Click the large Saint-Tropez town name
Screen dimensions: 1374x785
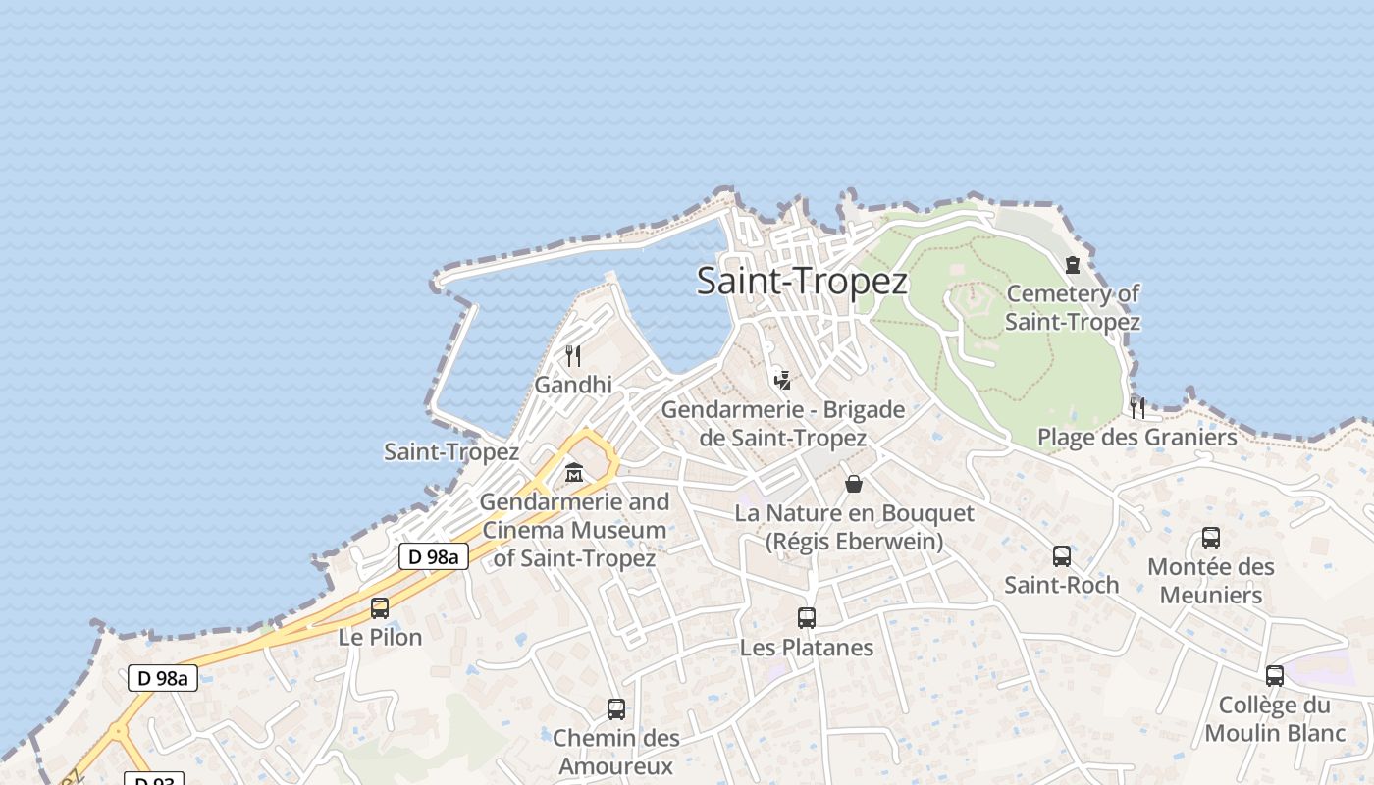click(802, 282)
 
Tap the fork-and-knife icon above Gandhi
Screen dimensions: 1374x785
click(573, 355)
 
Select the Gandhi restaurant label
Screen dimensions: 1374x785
click(573, 385)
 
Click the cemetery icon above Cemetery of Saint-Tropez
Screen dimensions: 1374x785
click(1073, 265)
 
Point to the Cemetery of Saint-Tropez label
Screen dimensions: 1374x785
click(1073, 307)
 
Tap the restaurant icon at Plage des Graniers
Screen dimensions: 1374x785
click(1137, 407)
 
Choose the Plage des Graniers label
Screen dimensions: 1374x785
click(1137, 437)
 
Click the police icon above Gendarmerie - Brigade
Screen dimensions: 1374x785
click(782, 380)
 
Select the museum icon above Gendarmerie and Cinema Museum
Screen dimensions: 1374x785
click(574, 474)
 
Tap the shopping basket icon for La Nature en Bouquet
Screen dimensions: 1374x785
click(854, 484)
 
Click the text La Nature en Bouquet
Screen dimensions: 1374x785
click(854, 513)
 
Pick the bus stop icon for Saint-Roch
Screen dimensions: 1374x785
click(1062, 556)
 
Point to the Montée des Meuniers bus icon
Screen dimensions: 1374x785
click(1211, 538)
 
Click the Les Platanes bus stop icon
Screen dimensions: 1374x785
click(807, 618)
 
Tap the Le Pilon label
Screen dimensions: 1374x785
click(380, 637)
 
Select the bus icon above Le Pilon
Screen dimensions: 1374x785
click(380, 608)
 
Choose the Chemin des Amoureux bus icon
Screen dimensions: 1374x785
click(616, 709)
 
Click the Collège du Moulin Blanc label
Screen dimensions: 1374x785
click(1275, 719)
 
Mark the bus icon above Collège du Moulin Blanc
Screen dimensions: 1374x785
click(1275, 676)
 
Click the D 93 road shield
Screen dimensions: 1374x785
click(154, 779)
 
